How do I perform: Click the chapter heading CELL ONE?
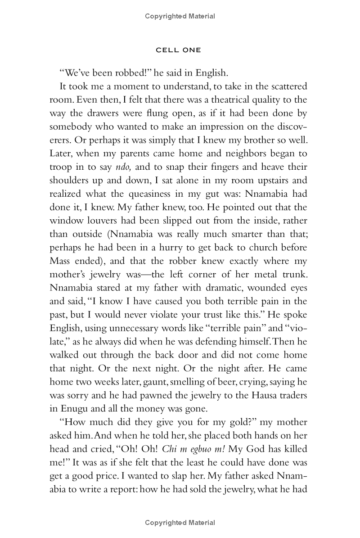point(178,50)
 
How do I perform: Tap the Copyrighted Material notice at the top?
point(180,16)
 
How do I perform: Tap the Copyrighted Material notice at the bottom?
point(180,523)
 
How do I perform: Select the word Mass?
point(60,261)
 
